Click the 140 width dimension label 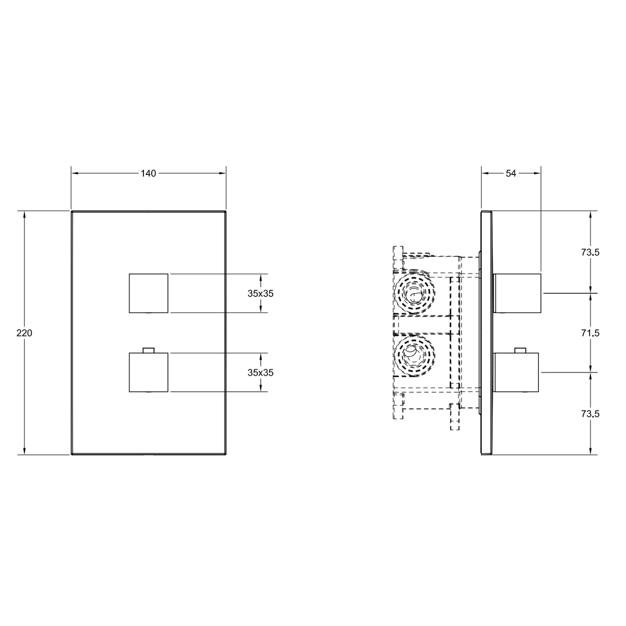tap(149, 174)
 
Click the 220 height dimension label tap(25, 333)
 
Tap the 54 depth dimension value tap(511, 174)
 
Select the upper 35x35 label tap(260, 294)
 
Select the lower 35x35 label tap(260, 372)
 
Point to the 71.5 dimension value tap(590, 333)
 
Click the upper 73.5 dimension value tap(590, 252)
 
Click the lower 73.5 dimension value tap(590, 414)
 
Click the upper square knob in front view tap(149, 293)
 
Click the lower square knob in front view tap(149, 372)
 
